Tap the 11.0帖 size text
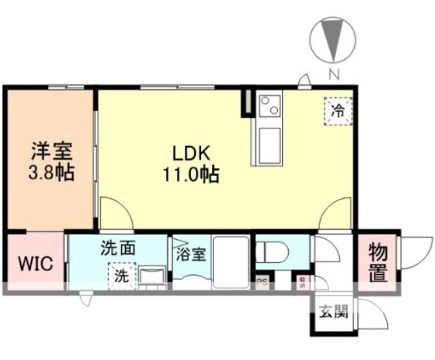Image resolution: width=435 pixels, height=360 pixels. tap(190, 175)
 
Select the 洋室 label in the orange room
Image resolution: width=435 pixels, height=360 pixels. tap(51, 150)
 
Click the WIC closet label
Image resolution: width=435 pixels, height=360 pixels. tap(35, 264)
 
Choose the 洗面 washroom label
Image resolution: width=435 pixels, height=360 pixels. tap(118, 248)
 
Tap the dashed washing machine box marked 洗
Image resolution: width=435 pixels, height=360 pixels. tap(120, 276)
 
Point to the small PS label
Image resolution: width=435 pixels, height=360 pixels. tap(261, 281)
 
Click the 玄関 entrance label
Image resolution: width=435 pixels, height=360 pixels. tap(333, 313)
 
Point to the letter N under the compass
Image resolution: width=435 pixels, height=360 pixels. tap(333, 74)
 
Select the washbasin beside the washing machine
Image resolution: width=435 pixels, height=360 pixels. tap(152, 276)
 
